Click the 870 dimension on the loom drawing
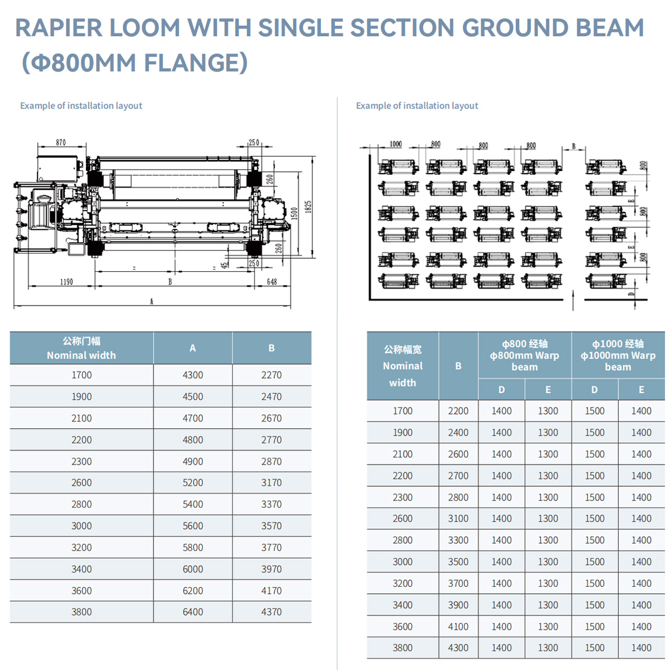tap(61, 142)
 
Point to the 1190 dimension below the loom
tap(66, 282)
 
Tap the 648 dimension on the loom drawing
tap(272, 282)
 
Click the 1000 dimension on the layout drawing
tap(395, 144)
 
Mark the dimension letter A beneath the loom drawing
tap(151, 301)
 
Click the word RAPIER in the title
tap(58, 28)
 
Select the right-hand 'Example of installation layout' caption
tap(417, 106)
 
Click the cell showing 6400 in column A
tap(193, 612)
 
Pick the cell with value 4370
tap(271, 612)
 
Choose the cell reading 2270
tap(271, 375)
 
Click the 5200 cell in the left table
tap(193, 483)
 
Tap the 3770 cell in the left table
tap(271, 548)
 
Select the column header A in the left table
tap(193, 348)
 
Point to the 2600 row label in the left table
tap(82, 483)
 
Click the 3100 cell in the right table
tap(458, 519)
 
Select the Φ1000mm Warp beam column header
tap(618, 355)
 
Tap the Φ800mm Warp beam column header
tap(524, 355)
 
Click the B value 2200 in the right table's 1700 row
tap(458, 411)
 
